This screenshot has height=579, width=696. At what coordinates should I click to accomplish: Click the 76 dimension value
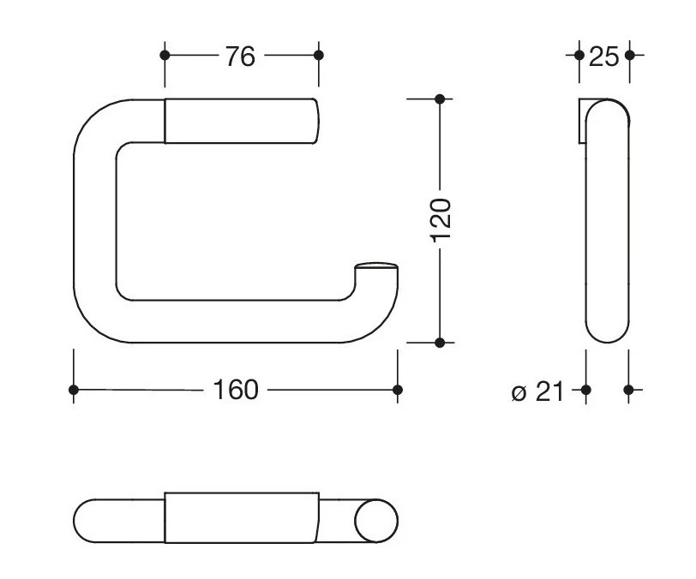(x=240, y=57)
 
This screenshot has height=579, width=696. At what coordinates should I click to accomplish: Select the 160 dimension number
(x=236, y=390)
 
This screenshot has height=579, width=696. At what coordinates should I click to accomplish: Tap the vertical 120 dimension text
(x=441, y=220)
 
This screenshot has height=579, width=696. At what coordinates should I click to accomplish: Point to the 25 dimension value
(x=603, y=57)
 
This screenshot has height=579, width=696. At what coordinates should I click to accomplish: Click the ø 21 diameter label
(x=537, y=391)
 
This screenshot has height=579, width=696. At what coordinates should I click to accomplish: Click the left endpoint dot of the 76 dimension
(x=165, y=55)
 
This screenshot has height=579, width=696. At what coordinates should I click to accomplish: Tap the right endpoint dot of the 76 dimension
(x=319, y=55)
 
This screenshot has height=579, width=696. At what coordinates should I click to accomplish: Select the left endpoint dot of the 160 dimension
(x=74, y=390)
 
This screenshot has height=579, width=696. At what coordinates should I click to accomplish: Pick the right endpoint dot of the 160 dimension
(x=398, y=390)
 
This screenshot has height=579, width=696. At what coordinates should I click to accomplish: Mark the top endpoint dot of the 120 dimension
(x=440, y=99)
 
